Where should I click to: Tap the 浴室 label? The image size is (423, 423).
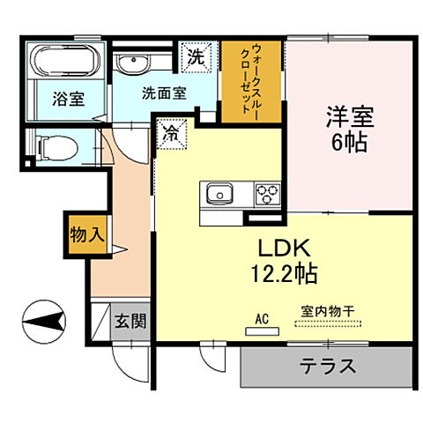[x=66, y=99]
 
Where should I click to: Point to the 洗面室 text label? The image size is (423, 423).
[x=164, y=93]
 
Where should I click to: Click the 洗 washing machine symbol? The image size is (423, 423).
[x=195, y=56]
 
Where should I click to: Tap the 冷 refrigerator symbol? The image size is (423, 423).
[x=169, y=136]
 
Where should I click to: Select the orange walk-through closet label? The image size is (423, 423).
[x=250, y=80]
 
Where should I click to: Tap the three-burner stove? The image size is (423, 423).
[x=266, y=194]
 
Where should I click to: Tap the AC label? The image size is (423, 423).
[x=262, y=318]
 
